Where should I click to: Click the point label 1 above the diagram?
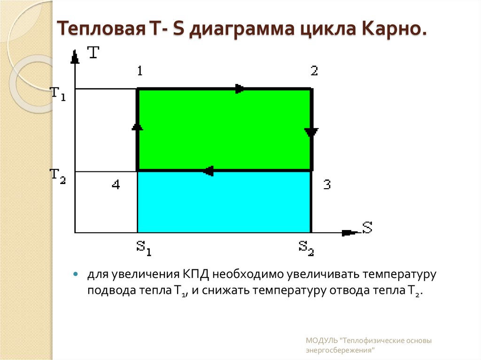[x=140, y=71]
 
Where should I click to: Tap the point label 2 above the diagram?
[x=314, y=71]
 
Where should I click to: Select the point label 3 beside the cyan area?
[x=327, y=184]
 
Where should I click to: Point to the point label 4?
[x=116, y=185]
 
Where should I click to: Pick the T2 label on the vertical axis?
[x=58, y=176]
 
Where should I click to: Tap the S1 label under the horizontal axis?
[x=144, y=247]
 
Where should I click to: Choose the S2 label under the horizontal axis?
[x=306, y=247]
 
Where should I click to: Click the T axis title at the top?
[x=93, y=52]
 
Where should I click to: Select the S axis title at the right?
[x=367, y=228]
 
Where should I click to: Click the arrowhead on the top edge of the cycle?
[x=239, y=89]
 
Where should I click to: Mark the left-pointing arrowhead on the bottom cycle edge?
[x=209, y=171]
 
